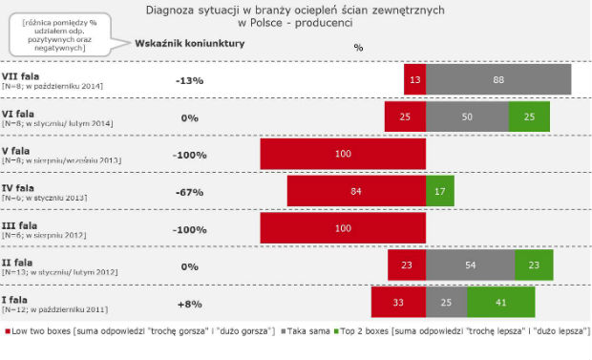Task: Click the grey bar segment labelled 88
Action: pyautogui.click(x=497, y=80)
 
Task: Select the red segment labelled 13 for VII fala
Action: pyautogui.click(x=414, y=80)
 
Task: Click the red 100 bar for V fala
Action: pyautogui.click(x=343, y=154)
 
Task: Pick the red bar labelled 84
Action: pyautogui.click(x=356, y=190)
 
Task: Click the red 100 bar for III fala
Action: pyautogui.click(x=343, y=226)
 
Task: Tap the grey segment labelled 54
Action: pyautogui.click(x=470, y=264)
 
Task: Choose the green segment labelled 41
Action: pyautogui.click(x=500, y=300)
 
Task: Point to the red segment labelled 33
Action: pyautogui.click(x=399, y=300)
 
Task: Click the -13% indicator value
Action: pyautogui.click(x=189, y=80)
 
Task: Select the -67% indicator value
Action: pyautogui.click(x=189, y=190)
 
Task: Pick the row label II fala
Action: pyautogui.click(x=20, y=261)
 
